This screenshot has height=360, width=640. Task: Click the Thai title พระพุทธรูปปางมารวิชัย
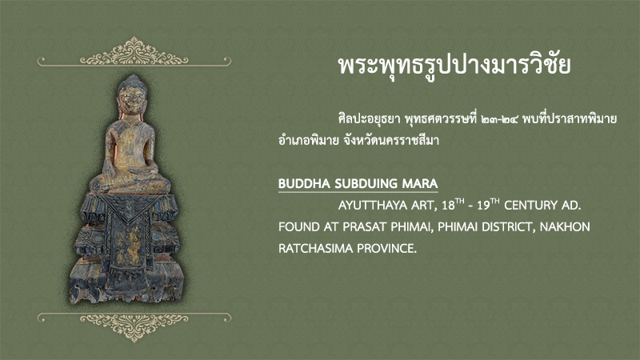454,66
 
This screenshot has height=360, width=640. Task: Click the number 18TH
454,204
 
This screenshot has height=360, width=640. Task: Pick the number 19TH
488,204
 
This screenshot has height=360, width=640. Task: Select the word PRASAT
365,227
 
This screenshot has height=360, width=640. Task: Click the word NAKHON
565,227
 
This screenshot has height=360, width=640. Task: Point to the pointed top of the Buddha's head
133,76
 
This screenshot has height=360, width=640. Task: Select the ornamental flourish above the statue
134,53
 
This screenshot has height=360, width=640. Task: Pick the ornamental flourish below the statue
134,326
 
